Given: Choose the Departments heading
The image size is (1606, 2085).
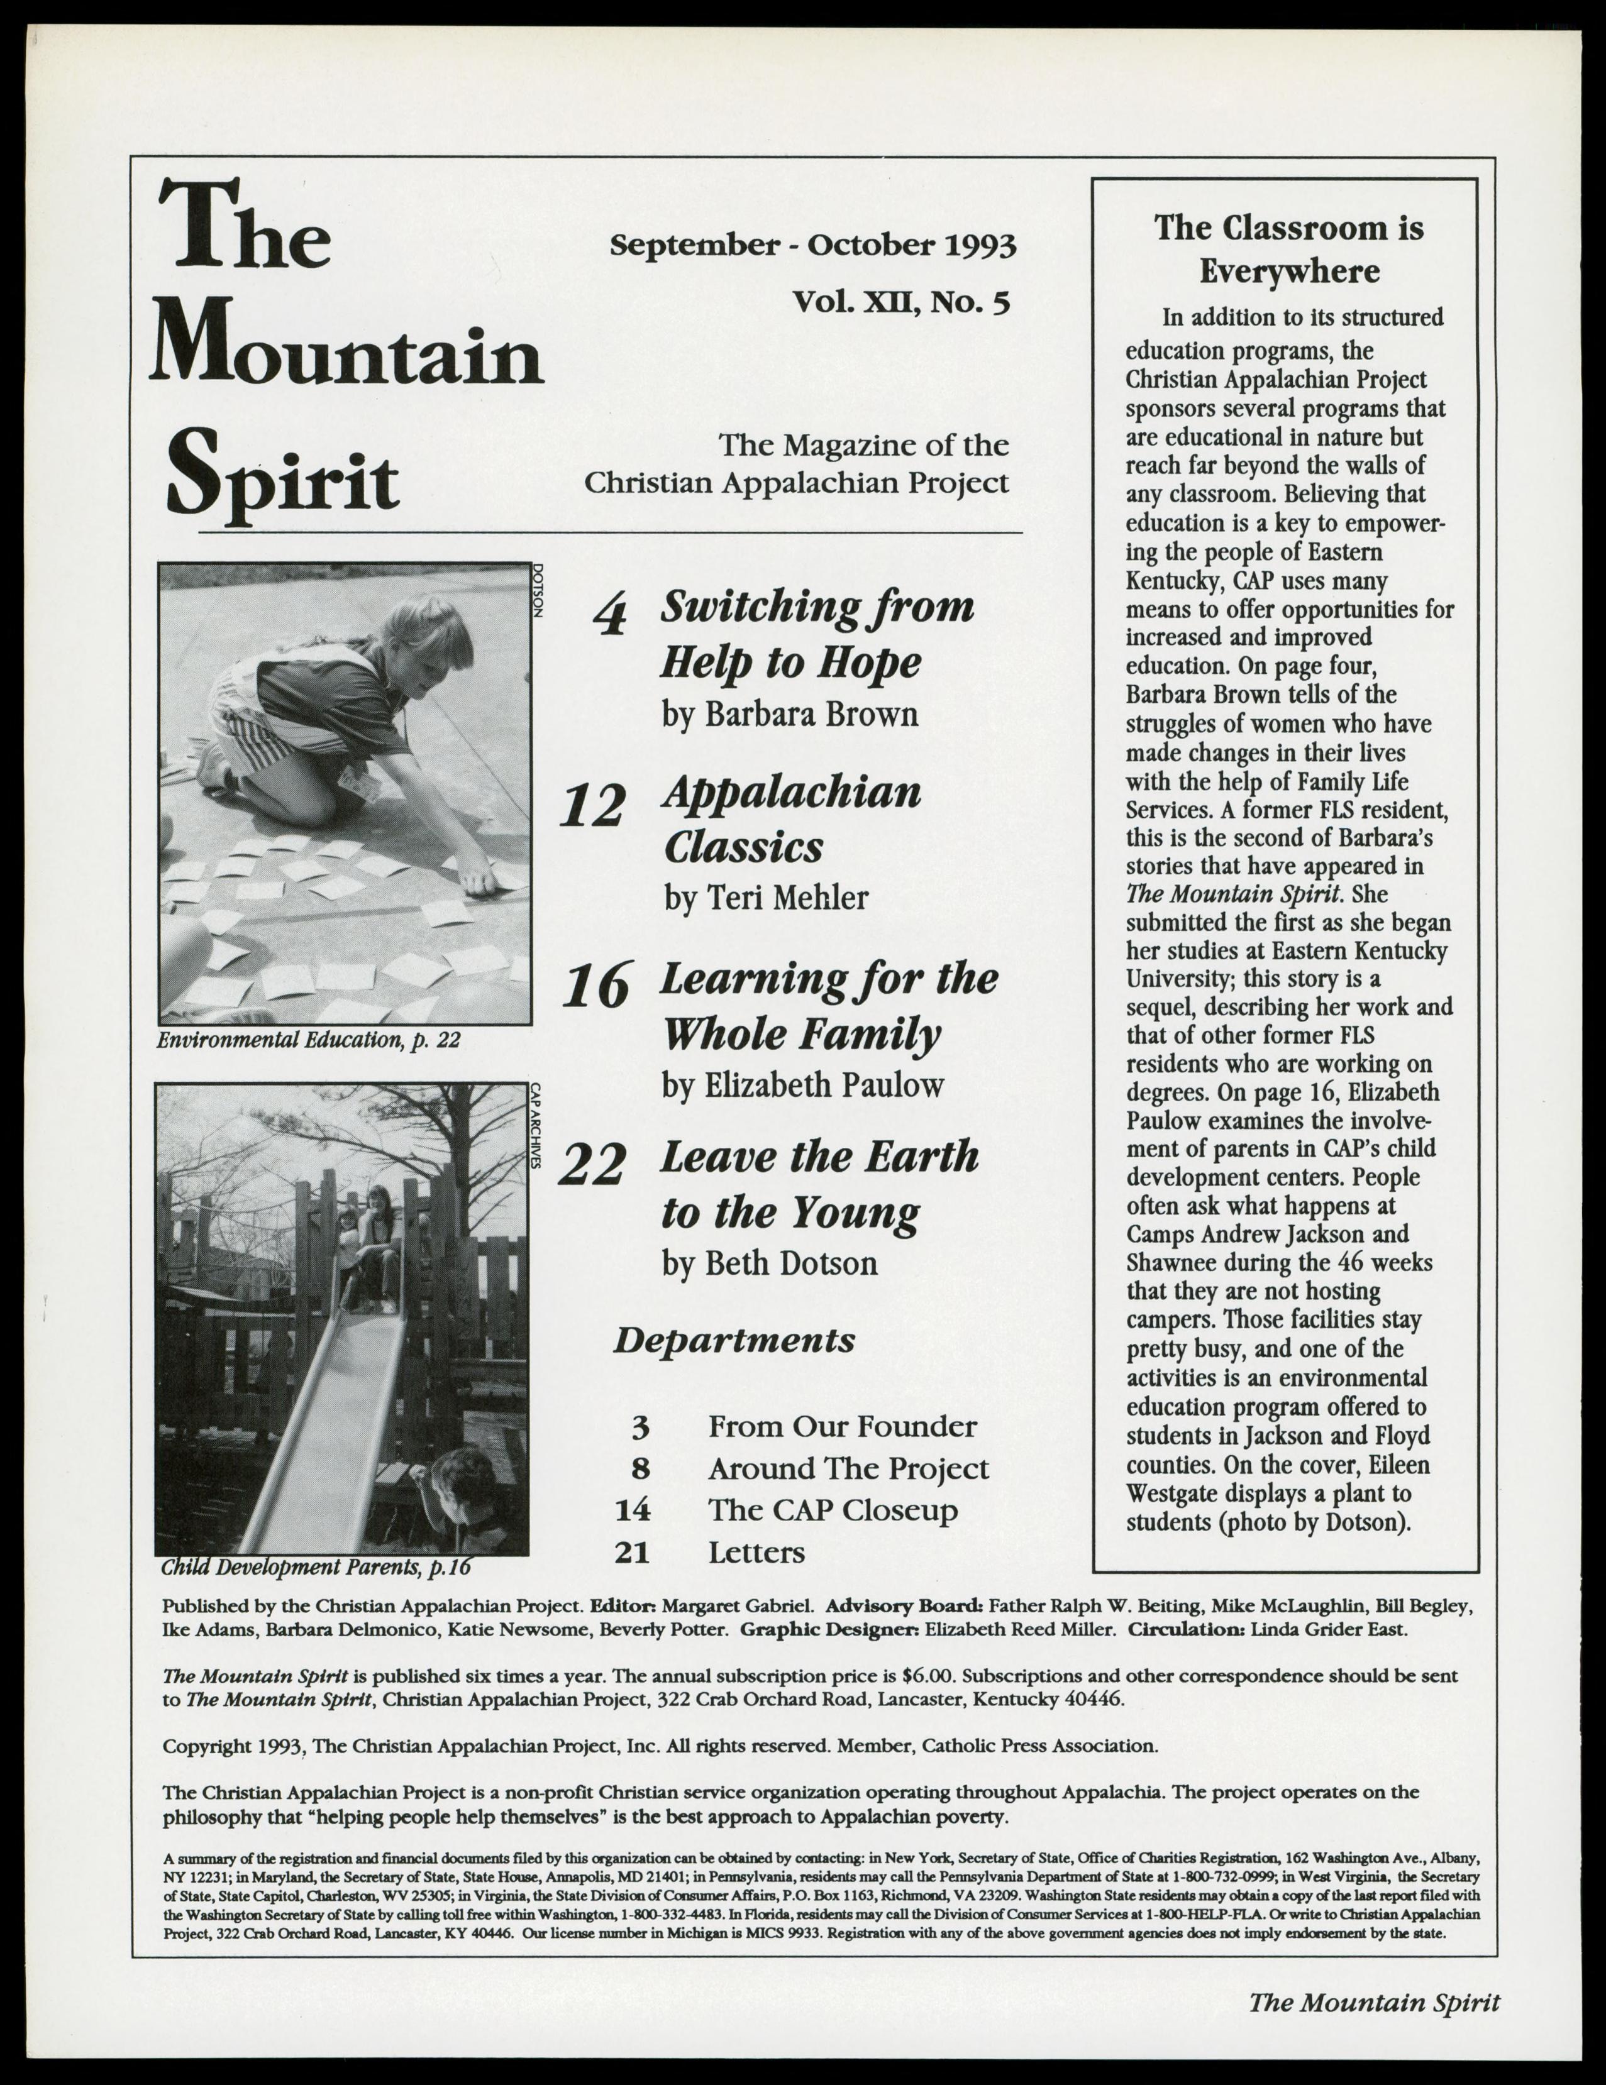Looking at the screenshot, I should [x=733, y=1340].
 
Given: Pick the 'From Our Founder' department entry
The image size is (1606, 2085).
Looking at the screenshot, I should [x=842, y=1426].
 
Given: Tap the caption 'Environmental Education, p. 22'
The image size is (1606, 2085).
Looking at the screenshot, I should [x=308, y=1040].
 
